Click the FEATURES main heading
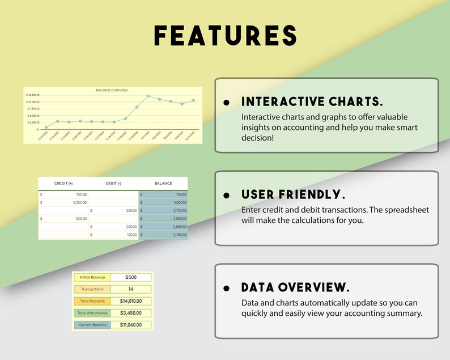point(225,36)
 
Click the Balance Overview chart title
point(112,90)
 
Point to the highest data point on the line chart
point(148,96)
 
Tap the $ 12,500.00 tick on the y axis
point(32,95)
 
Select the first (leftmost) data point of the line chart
point(46,128)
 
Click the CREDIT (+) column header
point(63,183)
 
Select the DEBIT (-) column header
point(113,183)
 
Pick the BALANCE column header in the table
point(163,183)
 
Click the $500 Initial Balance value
point(130,277)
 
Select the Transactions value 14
point(130,289)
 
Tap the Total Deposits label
point(92,301)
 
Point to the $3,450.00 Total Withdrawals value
point(130,313)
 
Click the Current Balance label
point(92,325)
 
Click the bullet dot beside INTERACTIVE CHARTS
point(227,103)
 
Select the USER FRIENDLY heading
point(293,194)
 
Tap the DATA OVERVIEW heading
point(295,287)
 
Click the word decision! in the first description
point(257,138)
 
